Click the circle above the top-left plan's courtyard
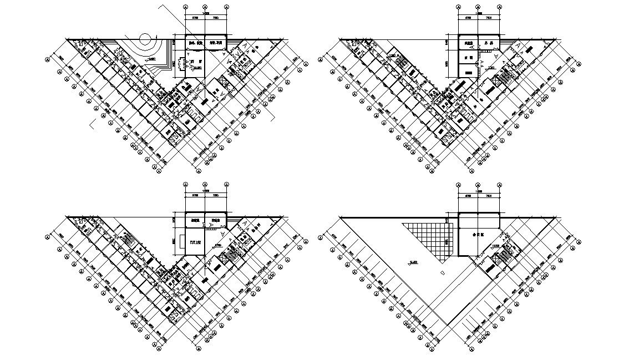pos(146,39)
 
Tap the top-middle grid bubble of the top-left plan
pos(206,7)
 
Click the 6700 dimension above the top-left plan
pos(195,18)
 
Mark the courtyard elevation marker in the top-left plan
pos(148,58)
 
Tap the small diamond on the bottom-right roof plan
pos(442,272)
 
